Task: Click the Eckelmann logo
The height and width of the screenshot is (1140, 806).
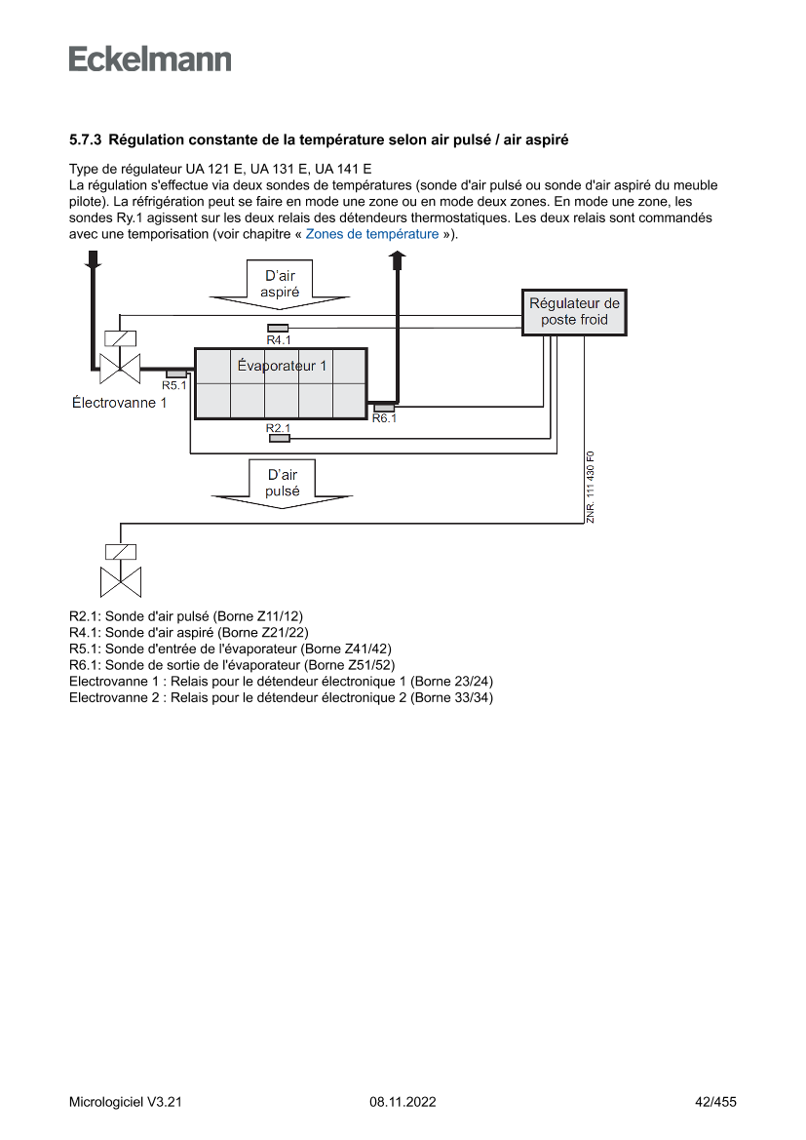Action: pyautogui.click(x=150, y=59)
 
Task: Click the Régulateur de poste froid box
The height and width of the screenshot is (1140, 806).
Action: pyautogui.click(x=574, y=312)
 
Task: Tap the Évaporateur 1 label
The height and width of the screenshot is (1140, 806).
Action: pyautogui.click(x=283, y=367)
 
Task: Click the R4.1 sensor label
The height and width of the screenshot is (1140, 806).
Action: pyautogui.click(x=279, y=339)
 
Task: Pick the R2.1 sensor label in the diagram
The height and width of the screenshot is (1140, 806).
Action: pyautogui.click(x=279, y=427)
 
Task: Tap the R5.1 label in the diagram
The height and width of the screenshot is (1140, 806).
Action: pyautogui.click(x=174, y=385)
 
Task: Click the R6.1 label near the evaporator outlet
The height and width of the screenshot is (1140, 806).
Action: pyautogui.click(x=384, y=418)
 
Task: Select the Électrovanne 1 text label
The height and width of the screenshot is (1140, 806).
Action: pyautogui.click(x=120, y=403)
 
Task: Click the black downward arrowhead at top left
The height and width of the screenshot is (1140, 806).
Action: pyautogui.click(x=94, y=259)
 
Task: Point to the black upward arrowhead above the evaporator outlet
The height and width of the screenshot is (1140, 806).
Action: pyautogui.click(x=398, y=257)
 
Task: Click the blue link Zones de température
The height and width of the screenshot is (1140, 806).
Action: pyautogui.click(x=372, y=234)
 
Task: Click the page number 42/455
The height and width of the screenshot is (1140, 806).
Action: pyautogui.click(x=715, y=1102)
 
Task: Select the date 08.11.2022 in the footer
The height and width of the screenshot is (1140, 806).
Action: pyautogui.click(x=403, y=1102)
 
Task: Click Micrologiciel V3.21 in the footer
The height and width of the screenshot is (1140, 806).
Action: pyautogui.click(x=126, y=1102)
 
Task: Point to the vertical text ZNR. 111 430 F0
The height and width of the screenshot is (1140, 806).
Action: pyautogui.click(x=591, y=488)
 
